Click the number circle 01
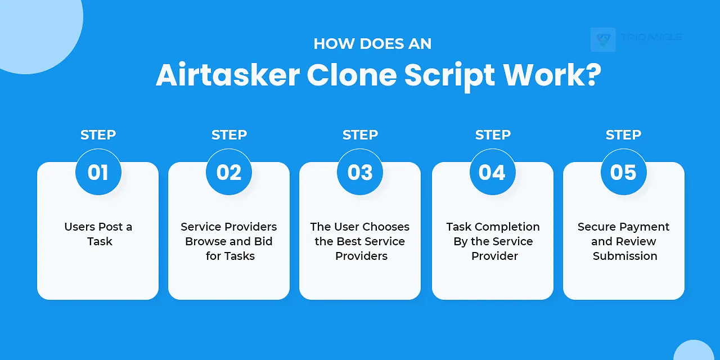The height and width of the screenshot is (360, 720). coord(98,172)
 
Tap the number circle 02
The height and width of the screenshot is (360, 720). coord(229,172)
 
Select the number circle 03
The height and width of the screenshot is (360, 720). coord(360,172)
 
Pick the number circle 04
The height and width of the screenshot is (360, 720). coord(492,172)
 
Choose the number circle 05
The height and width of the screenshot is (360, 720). coord(623,172)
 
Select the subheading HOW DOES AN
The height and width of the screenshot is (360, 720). coord(372,44)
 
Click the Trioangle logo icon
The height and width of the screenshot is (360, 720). coord(603,39)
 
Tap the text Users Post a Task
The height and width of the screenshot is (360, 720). coord(98,234)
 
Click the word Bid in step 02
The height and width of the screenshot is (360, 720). coord(263,241)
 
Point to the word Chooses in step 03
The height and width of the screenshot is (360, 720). coord(385,227)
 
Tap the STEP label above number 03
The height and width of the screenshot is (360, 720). coord(360,135)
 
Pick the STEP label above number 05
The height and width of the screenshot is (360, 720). coord(623,135)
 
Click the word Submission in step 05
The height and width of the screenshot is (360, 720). coord(625,256)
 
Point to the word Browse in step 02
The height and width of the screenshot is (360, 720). coord(205,241)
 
